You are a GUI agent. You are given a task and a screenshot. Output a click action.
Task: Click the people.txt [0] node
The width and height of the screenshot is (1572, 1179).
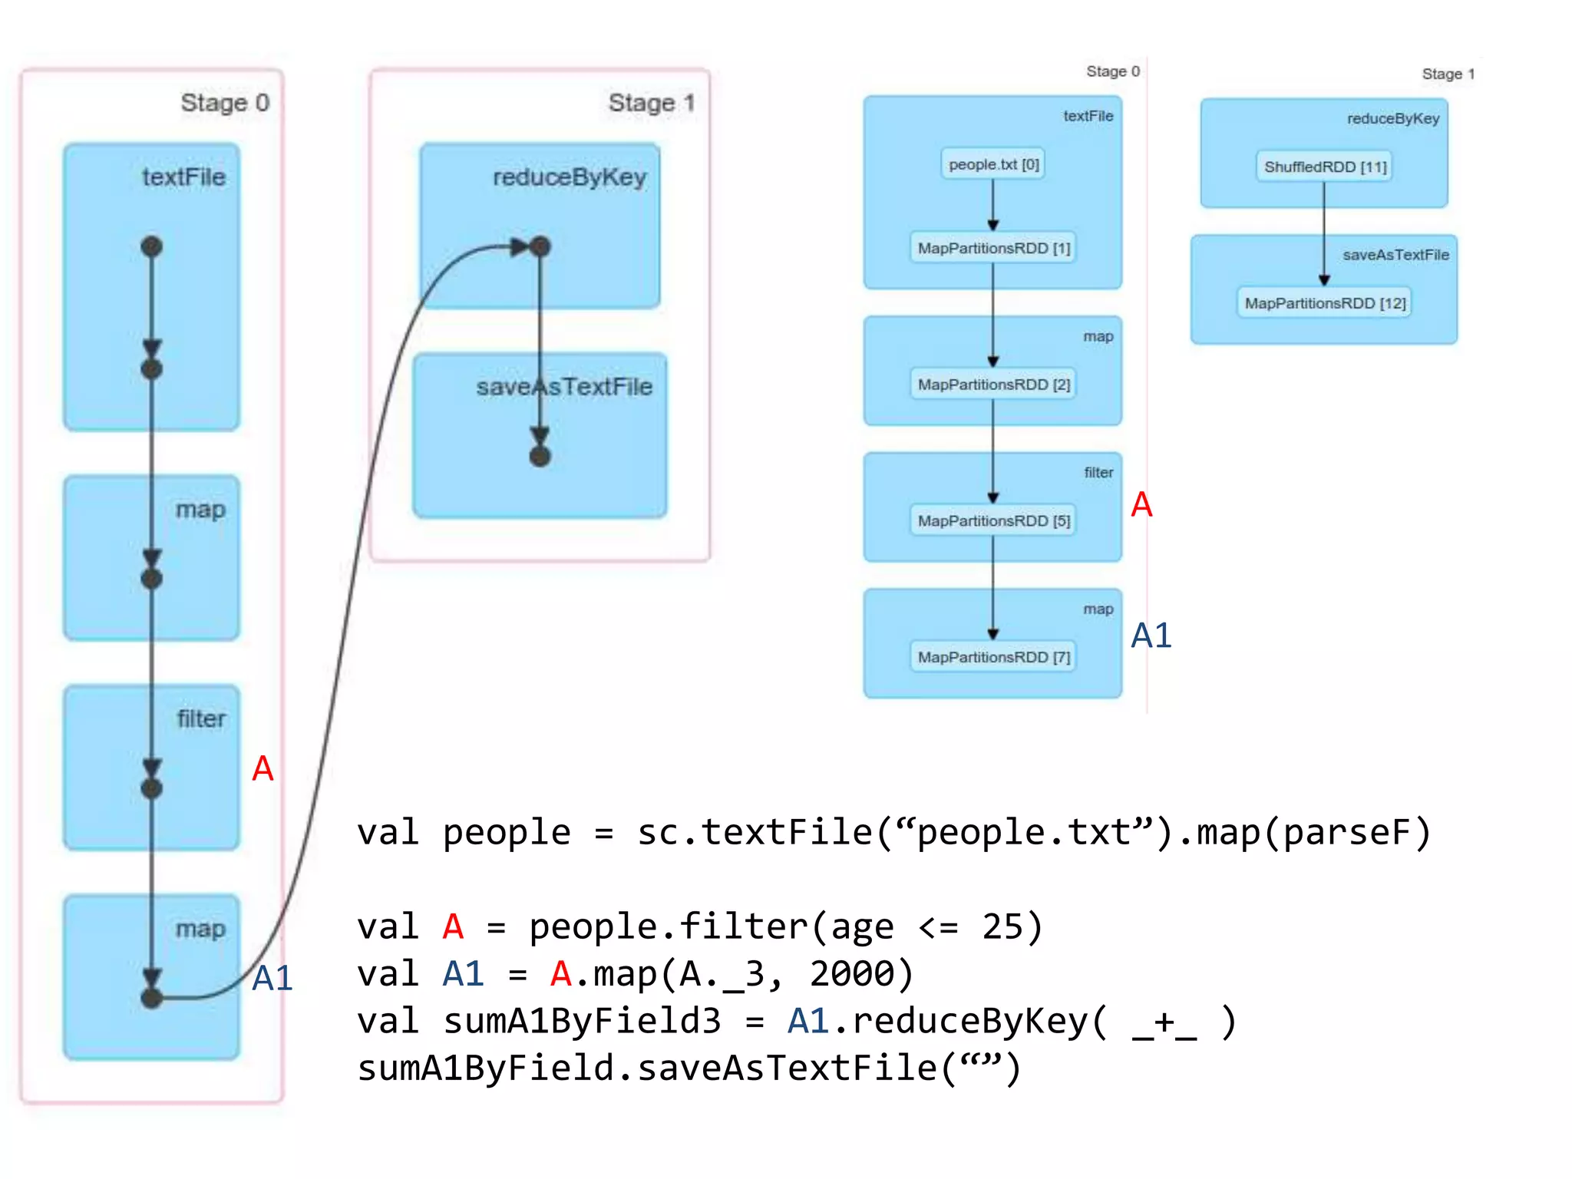[992, 164]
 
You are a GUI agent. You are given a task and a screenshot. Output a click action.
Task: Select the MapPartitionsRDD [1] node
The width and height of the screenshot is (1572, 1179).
[993, 248]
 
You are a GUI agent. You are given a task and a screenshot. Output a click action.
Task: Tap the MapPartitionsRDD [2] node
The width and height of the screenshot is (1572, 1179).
[993, 385]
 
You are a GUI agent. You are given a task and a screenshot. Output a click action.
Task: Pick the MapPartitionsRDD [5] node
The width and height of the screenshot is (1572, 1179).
[993, 521]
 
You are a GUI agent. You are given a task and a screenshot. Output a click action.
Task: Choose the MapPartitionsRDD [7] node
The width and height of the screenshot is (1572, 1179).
[993, 657]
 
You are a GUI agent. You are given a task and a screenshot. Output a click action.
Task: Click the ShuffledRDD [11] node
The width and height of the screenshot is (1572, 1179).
[1325, 167]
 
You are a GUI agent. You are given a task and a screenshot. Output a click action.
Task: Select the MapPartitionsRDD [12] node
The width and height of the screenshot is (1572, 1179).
[1325, 303]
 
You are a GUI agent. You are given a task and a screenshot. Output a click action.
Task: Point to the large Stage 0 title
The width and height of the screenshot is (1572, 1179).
[225, 103]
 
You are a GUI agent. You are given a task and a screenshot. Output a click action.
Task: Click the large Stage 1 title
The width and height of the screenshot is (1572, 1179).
[651, 103]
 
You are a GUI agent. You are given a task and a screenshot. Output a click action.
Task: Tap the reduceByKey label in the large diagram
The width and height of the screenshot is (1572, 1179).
[570, 177]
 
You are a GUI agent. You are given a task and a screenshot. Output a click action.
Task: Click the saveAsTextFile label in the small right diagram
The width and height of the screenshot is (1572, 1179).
[1395, 255]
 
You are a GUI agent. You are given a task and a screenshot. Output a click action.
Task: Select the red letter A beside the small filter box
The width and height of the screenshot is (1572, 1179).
[1141, 505]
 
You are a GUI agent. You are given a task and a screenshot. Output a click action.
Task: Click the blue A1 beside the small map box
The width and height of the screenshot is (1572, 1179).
[1151, 636]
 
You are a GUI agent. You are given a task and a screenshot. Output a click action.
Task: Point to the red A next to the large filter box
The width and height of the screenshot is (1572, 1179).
[263, 768]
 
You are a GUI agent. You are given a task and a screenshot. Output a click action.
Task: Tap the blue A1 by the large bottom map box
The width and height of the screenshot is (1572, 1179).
[272, 979]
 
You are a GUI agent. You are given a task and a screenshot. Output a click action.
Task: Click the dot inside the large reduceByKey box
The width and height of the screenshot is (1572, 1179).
[540, 246]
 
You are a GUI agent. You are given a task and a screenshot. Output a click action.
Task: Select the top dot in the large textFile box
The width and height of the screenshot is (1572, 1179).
[152, 246]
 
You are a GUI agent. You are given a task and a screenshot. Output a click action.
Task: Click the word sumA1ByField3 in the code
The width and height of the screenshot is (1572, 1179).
[583, 1022]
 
